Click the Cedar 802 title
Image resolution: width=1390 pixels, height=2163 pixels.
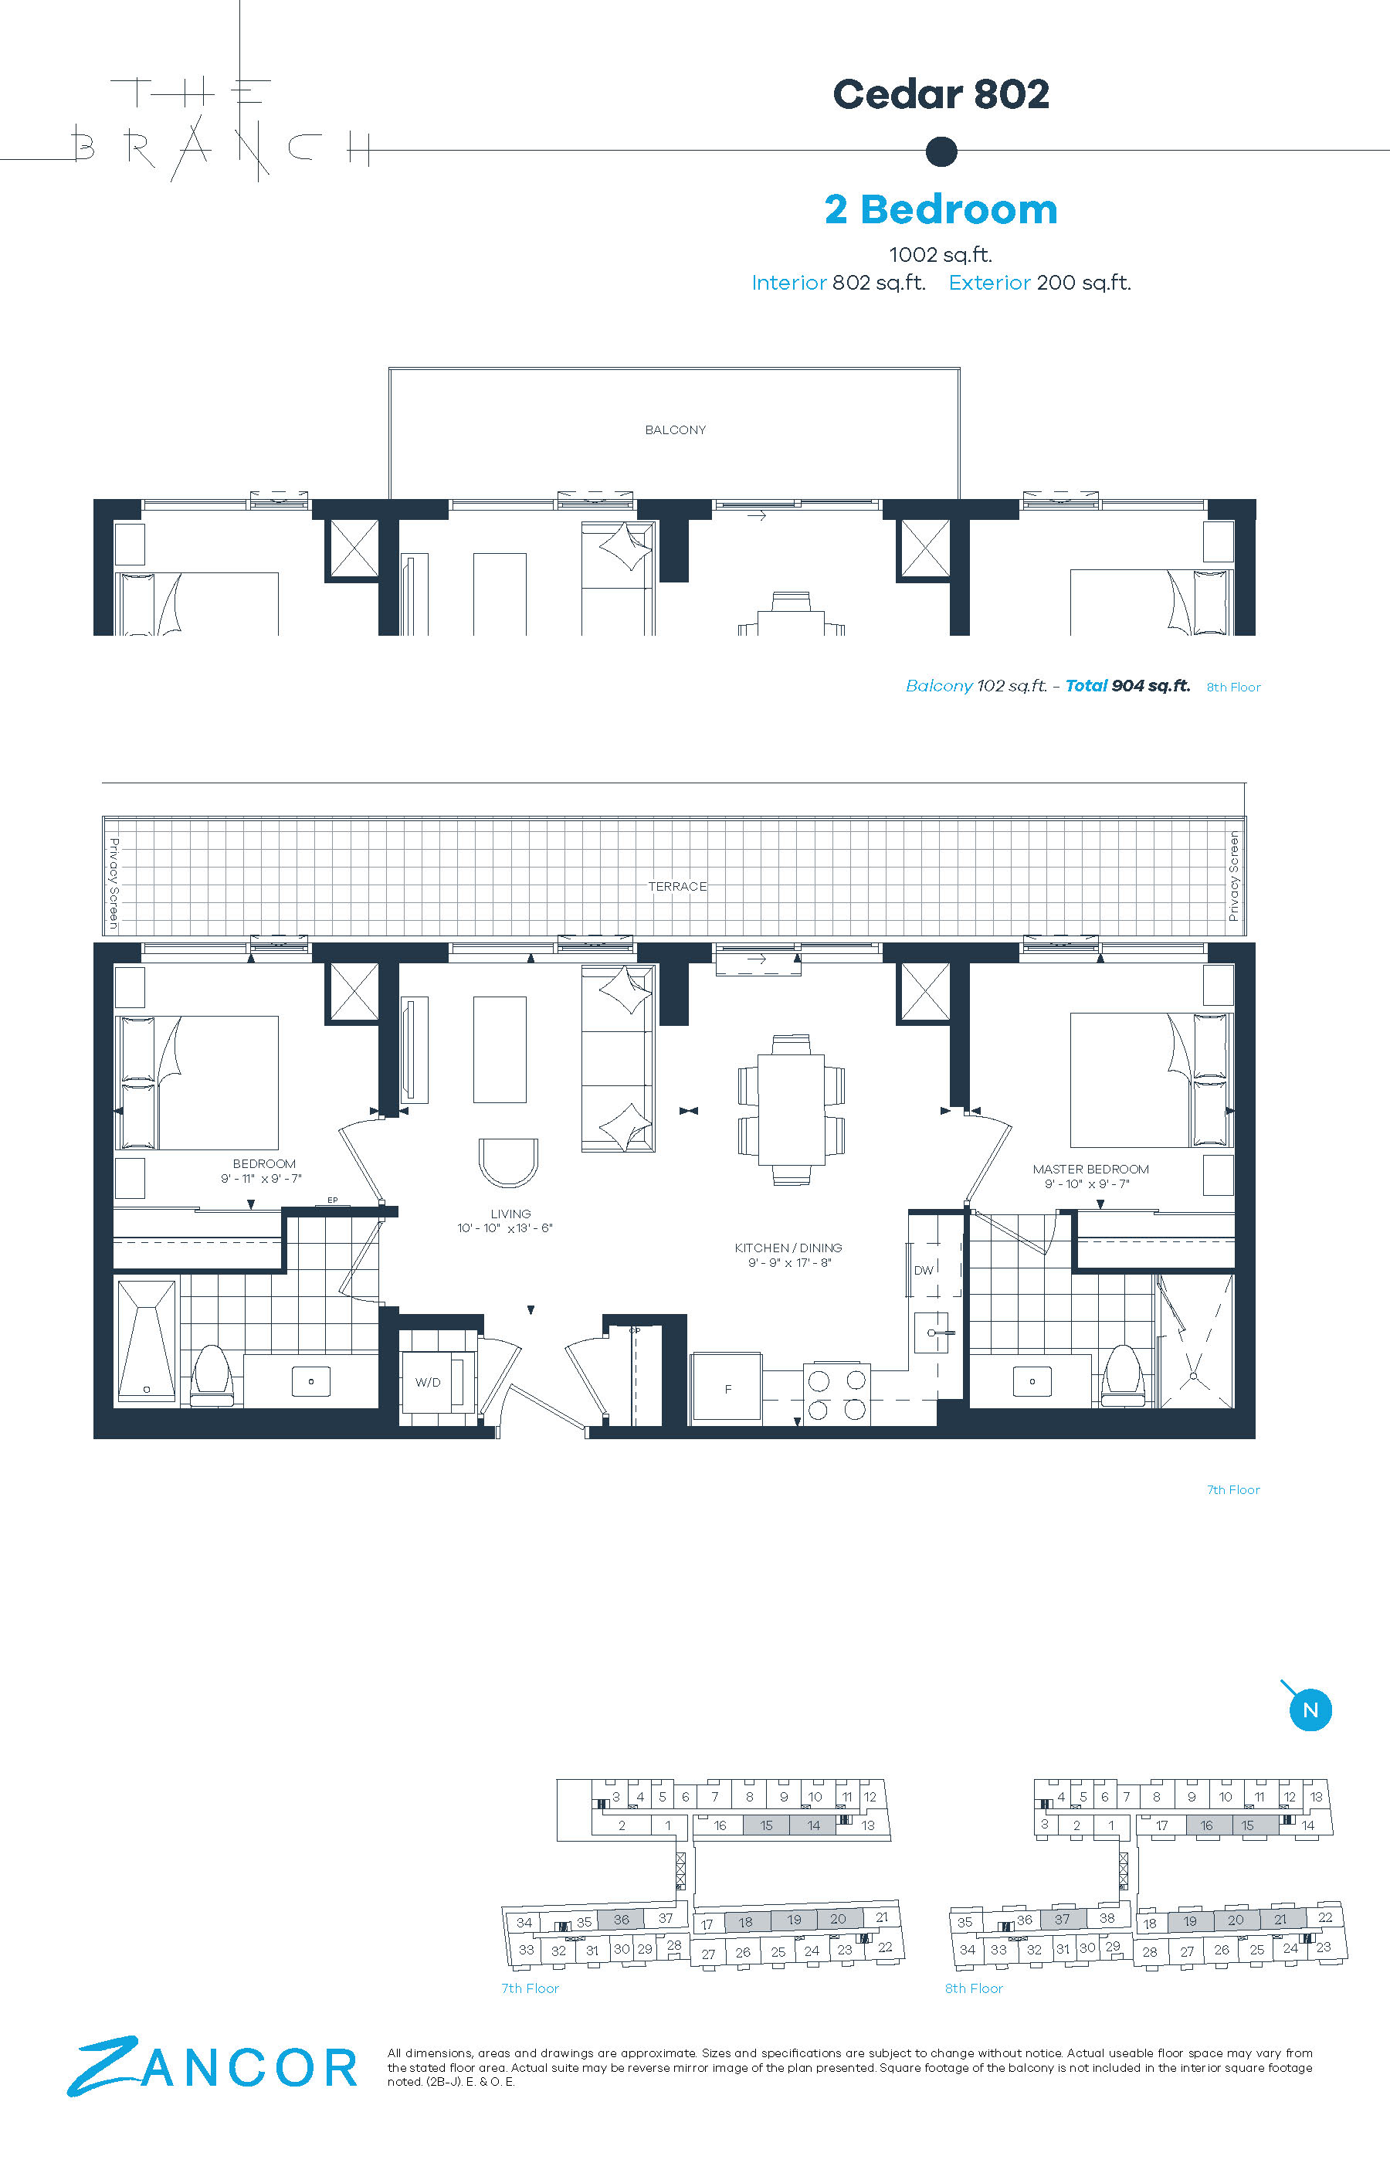(x=941, y=94)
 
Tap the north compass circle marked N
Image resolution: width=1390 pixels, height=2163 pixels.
(x=1310, y=1709)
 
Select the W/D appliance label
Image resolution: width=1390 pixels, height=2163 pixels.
(x=428, y=1382)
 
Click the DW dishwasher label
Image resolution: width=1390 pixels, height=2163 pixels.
(x=924, y=1270)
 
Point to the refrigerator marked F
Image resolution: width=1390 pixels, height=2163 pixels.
(x=727, y=1389)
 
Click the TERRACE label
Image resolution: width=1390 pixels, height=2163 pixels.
(x=677, y=887)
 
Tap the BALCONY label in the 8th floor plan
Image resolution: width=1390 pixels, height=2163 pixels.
(x=675, y=430)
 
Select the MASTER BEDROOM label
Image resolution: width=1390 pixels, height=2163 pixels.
(x=1090, y=1169)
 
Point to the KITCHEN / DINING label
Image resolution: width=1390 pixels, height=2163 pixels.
(x=788, y=1248)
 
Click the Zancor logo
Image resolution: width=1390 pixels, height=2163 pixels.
(x=213, y=2066)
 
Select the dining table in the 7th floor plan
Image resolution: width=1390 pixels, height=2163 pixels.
(x=791, y=1109)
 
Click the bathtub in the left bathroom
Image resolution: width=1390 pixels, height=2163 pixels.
(x=146, y=1340)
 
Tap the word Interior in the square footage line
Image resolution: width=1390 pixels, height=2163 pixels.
(x=789, y=283)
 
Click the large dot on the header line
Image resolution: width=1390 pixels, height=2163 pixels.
(x=941, y=151)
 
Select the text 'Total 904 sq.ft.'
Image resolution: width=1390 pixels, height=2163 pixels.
(x=1127, y=685)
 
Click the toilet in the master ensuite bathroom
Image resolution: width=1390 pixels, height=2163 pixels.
(x=1124, y=1374)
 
